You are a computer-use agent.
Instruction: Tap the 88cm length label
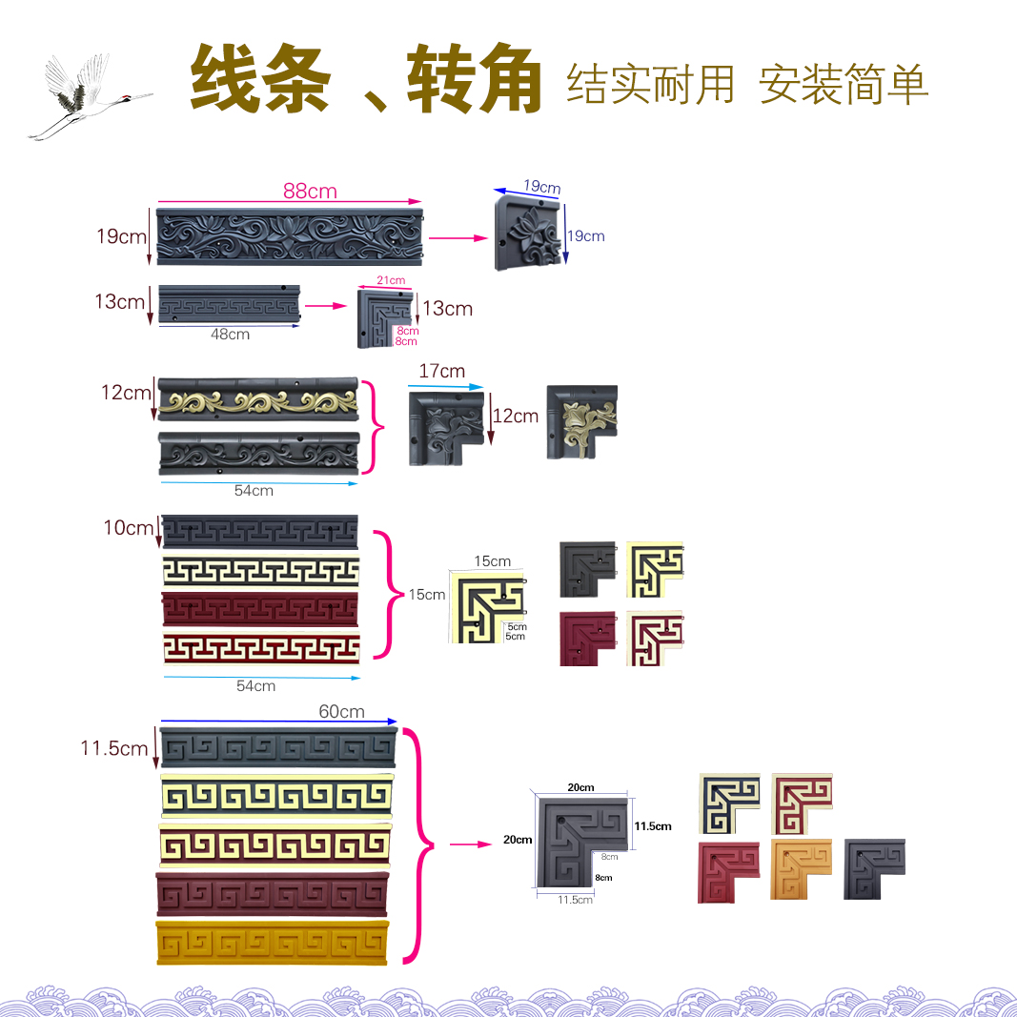tap(310, 192)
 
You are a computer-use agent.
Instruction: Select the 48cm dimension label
tap(230, 335)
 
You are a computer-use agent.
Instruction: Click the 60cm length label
tap(341, 712)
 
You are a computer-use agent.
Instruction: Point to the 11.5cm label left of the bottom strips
tap(113, 749)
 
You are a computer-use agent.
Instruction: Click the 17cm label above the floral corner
tap(441, 371)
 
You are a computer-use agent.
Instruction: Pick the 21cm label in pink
tap(391, 280)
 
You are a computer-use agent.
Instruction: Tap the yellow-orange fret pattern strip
tap(273, 944)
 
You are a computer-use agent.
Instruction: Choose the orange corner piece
tap(801, 869)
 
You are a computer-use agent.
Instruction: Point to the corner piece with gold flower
tap(581, 421)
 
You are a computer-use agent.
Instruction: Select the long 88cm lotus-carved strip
tap(288, 235)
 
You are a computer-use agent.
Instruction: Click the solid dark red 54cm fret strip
tap(259, 607)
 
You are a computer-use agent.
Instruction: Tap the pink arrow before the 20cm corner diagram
tap(464, 844)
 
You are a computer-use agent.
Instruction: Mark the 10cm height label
tap(128, 528)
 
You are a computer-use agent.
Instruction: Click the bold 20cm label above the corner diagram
tap(580, 787)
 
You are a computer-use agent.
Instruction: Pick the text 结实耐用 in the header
tap(650, 84)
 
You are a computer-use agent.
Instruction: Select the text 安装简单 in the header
tap(844, 84)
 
